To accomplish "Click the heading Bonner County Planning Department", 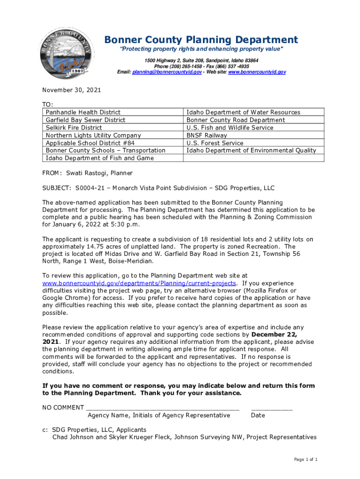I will tap(201, 40).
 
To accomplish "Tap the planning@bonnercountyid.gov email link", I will tap(167, 72).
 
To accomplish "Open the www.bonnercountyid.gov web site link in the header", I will tap(257, 72).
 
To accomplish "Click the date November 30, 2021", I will tap(72, 90).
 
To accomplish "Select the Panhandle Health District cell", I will tap(83, 112).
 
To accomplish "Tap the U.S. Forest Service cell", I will tap(215, 143).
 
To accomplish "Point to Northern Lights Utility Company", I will tap(93, 135).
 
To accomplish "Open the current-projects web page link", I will tap(139, 283).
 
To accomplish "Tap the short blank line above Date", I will tap(272, 408).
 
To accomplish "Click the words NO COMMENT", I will tap(63, 408).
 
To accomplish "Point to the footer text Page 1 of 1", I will tap(306, 460).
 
